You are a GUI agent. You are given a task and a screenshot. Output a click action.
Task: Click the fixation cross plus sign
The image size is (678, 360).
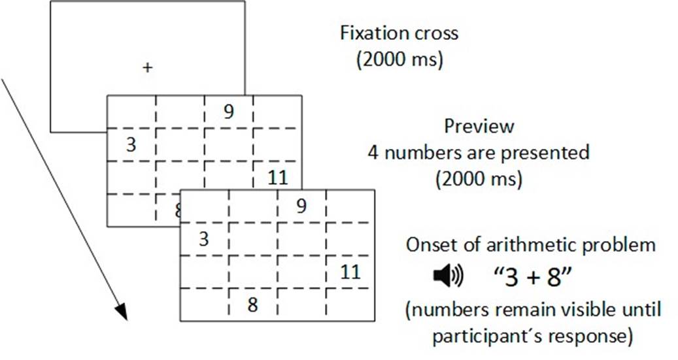pyautogui.click(x=148, y=67)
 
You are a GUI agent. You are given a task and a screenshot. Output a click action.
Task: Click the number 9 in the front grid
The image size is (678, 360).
pyautogui.click(x=301, y=206)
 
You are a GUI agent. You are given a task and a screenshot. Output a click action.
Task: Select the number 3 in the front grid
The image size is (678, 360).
pyautogui.click(x=204, y=239)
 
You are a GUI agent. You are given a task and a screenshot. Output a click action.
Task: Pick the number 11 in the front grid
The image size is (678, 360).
pyautogui.click(x=351, y=271)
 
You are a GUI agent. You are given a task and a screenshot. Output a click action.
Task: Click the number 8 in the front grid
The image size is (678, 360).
pyautogui.click(x=252, y=304)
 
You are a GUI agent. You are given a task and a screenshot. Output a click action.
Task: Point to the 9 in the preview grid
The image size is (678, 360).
pyautogui.click(x=228, y=112)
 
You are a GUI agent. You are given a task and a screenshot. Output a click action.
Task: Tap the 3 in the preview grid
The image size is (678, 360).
pyautogui.click(x=131, y=144)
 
